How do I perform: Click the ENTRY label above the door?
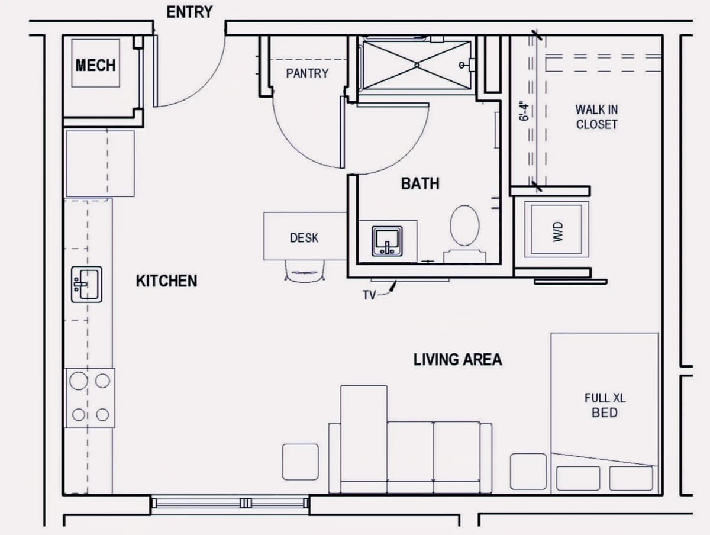(x=189, y=12)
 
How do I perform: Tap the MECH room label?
(x=95, y=65)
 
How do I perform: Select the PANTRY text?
(x=307, y=73)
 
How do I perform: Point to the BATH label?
(x=420, y=183)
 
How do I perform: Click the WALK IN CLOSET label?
(x=596, y=117)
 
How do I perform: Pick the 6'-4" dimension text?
(x=524, y=112)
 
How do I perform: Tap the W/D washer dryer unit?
(x=556, y=229)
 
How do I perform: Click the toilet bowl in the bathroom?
(x=465, y=225)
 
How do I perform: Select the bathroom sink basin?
(x=387, y=241)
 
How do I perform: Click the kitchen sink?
(x=87, y=284)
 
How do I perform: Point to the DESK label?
(x=304, y=238)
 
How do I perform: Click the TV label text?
(x=369, y=295)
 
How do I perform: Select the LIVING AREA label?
(x=458, y=360)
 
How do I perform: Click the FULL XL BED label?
(x=605, y=405)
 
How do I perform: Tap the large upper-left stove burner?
(x=79, y=381)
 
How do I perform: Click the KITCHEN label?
(x=167, y=281)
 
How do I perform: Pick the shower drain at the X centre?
(x=417, y=65)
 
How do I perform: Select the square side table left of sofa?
(x=301, y=462)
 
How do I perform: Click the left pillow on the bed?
(x=578, y=478)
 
